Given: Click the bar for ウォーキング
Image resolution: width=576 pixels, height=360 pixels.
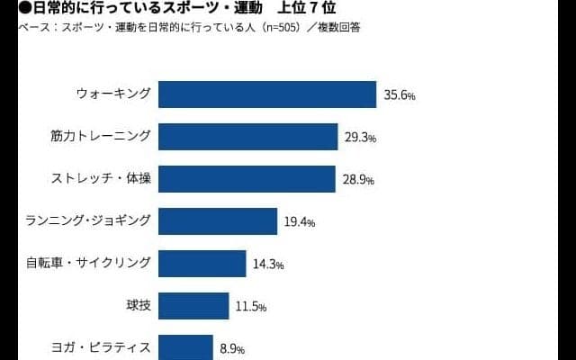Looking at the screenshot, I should pos(267,94).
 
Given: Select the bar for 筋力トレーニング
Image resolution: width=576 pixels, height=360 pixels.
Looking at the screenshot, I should pos(247,137).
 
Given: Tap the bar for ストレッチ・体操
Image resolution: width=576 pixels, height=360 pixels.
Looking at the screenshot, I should pos(247,179).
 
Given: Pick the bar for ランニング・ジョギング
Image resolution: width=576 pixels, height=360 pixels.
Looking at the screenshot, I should pos(218,221).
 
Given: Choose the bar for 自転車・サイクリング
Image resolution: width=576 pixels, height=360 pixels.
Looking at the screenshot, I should pos(202,264).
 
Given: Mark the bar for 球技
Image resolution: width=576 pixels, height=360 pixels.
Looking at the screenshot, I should pos(193,306).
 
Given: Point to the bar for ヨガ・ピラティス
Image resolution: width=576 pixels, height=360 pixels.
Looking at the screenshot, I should pos(185,346).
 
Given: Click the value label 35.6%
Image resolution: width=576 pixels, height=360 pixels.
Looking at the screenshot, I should pos(399,95).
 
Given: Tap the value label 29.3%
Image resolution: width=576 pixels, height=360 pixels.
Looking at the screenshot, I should pos(360,138).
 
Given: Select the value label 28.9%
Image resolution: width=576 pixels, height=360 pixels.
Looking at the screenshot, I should pos(357,180).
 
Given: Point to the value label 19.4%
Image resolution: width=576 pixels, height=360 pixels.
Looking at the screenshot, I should pos(300,222).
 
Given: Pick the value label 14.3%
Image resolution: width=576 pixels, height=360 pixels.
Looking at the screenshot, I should pos(269,265).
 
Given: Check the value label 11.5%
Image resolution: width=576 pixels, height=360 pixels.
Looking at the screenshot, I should pos(251,307).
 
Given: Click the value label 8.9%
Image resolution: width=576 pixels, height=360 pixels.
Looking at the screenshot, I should pos(230,348).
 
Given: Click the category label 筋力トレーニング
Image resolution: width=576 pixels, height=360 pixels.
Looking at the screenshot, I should pos(102,137).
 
